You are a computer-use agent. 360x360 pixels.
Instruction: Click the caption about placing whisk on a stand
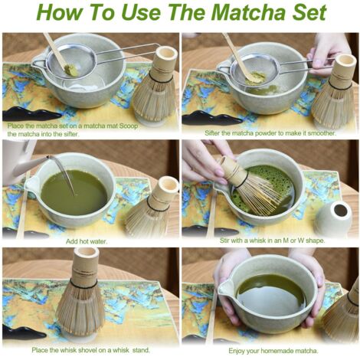pyautogui.click(x=87, y=349)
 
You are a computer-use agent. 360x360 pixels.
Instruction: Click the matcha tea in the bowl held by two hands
pyautogui.click(x=268, y=292)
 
